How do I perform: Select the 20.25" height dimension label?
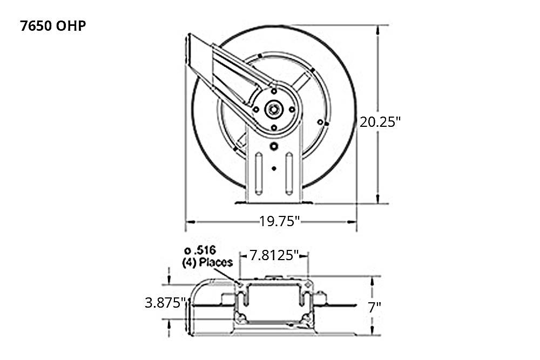point(380,121)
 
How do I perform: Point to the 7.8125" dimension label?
point(274,255)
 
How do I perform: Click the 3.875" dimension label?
point(165,303)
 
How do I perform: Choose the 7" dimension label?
point(374,308)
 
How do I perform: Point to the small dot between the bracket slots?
point(274,169)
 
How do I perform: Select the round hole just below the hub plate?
point(274,146)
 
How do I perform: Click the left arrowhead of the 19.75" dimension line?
point(188,221)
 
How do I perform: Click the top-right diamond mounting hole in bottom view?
point(308,284)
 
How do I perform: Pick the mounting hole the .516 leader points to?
point(240,284)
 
